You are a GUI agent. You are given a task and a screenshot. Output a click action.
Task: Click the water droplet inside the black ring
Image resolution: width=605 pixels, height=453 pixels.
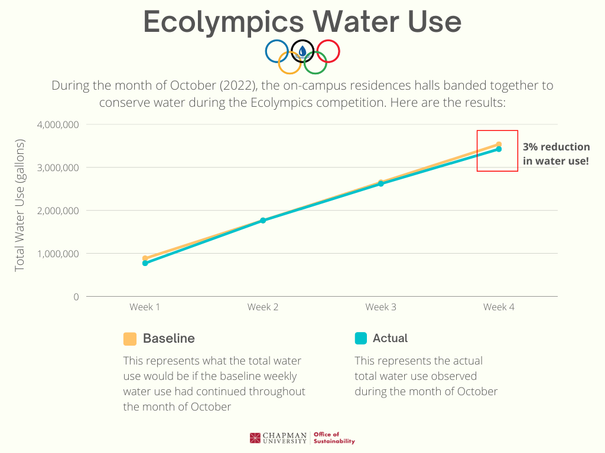[302, 51]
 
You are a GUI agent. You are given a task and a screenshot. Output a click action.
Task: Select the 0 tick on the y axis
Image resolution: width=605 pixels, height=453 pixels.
[76, 297]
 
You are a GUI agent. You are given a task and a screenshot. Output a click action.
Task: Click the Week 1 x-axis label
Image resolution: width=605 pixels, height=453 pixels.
[145, 307]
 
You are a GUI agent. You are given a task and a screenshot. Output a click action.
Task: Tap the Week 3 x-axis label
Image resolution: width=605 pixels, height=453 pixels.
[380, 307]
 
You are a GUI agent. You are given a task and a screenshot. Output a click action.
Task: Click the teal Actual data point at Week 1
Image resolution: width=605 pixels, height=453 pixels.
[145, 263]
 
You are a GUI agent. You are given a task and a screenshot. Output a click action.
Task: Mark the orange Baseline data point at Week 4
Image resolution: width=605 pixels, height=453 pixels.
[499, 145]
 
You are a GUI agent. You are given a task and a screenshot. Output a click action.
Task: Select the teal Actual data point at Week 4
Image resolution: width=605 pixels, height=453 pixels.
[499, 149]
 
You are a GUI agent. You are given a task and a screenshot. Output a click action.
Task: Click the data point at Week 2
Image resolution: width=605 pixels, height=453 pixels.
[263, 221]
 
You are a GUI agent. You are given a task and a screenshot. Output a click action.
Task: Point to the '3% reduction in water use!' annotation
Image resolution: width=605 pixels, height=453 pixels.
[556, 153]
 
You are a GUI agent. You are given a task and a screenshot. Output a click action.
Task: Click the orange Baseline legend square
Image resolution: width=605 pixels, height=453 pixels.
[130, 339]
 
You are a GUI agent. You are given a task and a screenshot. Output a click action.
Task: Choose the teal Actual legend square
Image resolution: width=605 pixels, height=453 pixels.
[361, 339]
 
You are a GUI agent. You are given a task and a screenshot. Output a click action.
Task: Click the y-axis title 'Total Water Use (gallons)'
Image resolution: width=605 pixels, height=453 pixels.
[20, 205]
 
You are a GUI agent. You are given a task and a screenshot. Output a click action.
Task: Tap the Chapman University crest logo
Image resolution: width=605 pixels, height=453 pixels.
[255, 438]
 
